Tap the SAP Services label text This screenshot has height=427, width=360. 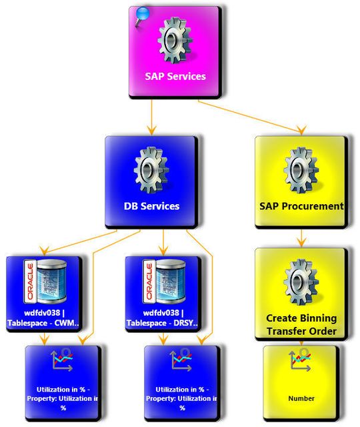(x=175, y=76)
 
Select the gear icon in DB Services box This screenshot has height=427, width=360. (x=151, y=167)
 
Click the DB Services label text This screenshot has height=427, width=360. (x=151, y=206)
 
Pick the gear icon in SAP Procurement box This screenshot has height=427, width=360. (x=301, y=167)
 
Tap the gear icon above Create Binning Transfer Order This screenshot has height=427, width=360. (x=301, y=280)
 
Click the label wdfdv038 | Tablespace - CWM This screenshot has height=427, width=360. (x=43, y=318)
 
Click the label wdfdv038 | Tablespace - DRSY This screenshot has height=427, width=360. (x=163, y=318)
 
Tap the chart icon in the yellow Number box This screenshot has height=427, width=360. (x=301, y=360)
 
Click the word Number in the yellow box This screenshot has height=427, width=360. (x=301, y=398)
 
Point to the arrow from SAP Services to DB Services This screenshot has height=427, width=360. (x=153, y=117)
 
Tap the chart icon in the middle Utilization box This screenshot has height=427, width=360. (x=181, y=360)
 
